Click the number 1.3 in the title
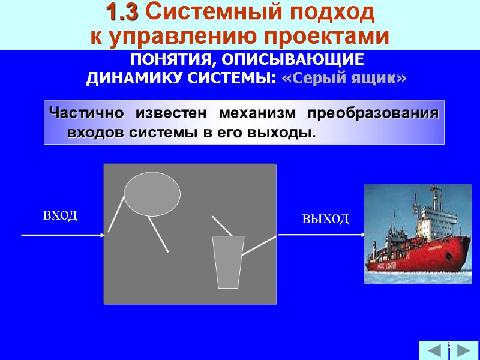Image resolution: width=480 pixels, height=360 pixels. point(122,11)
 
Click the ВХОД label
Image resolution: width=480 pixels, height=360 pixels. point(61,215)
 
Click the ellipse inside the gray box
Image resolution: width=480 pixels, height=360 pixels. point(152,193)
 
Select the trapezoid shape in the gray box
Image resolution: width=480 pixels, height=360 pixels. point(228,262)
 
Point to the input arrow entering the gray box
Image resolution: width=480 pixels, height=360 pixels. point(63,235)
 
